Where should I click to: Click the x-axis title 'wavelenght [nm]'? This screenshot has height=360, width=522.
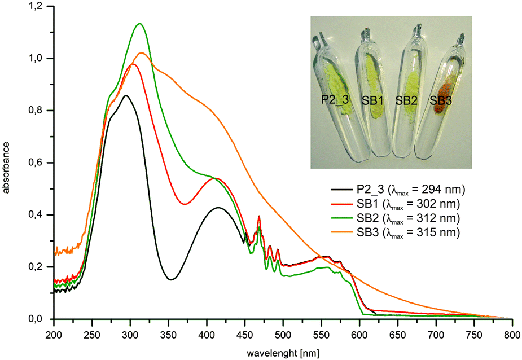[x=282, y=352]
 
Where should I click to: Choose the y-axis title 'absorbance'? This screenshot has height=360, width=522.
[x=7, y=163]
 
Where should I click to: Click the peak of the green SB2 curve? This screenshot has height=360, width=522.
[x=139, y=24]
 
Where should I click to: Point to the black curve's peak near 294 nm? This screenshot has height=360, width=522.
[x=126, y=96]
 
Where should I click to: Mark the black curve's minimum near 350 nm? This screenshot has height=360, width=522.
[x=171, y=279]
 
